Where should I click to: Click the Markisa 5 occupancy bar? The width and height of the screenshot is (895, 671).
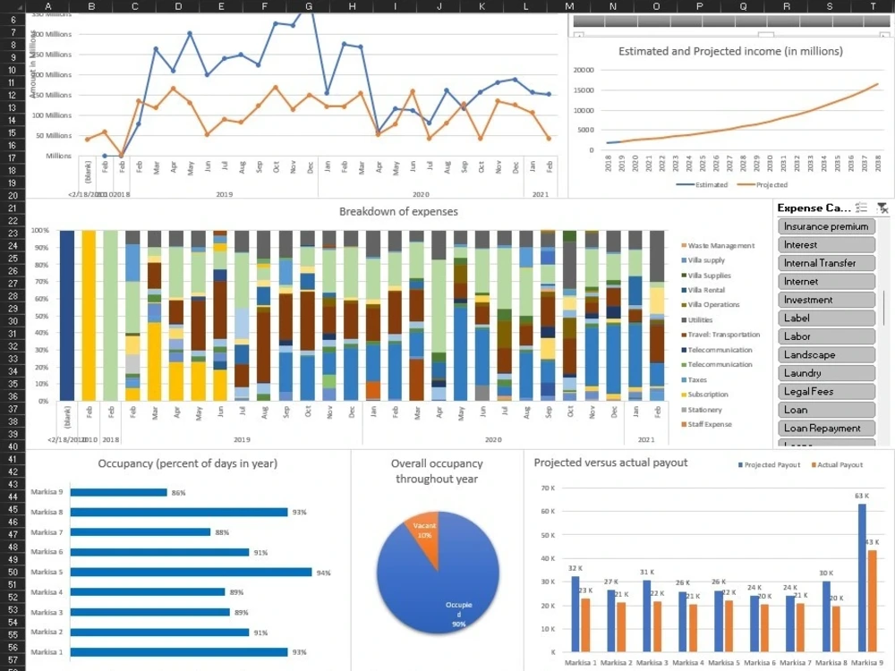(x=191, y=572)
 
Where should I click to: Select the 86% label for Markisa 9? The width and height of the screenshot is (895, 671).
(x=178, y=493)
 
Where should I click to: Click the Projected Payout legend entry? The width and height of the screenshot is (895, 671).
(x=774, y=465)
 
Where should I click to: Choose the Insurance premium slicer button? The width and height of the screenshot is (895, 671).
(x=825, y=226)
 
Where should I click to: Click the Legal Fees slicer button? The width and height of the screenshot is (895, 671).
(x=825, y=391)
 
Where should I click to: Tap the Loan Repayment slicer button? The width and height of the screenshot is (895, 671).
(x=825, y=428)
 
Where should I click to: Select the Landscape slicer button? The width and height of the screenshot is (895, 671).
(x=825, y=354)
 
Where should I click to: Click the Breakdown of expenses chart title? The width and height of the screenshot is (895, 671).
(x=398, y=211)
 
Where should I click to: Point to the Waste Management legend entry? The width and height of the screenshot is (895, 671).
(x=720, y=245)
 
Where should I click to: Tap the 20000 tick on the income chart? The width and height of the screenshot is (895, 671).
(x=583, y=70)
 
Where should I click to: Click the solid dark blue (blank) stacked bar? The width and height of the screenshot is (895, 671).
(x=67, y=315)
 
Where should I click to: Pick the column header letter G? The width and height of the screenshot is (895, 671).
(x=309, y=6)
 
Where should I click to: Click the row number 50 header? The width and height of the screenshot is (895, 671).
(x=13, y=572)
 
